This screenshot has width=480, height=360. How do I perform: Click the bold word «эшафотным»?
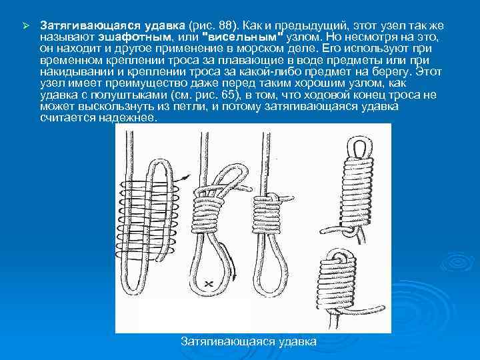click(135, 37)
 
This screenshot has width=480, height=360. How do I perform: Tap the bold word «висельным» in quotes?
click(242, 37)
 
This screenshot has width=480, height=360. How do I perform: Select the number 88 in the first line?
click(225, 25)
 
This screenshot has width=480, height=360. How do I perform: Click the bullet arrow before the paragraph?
click(25, 26)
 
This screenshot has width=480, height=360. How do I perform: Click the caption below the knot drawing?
click(248, 341)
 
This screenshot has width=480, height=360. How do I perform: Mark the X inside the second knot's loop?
click(209, 284)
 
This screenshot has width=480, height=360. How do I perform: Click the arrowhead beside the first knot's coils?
click(186, 176)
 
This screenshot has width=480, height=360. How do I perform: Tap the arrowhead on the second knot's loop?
click(234, 276)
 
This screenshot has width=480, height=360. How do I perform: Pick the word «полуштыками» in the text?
click(129, 95)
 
